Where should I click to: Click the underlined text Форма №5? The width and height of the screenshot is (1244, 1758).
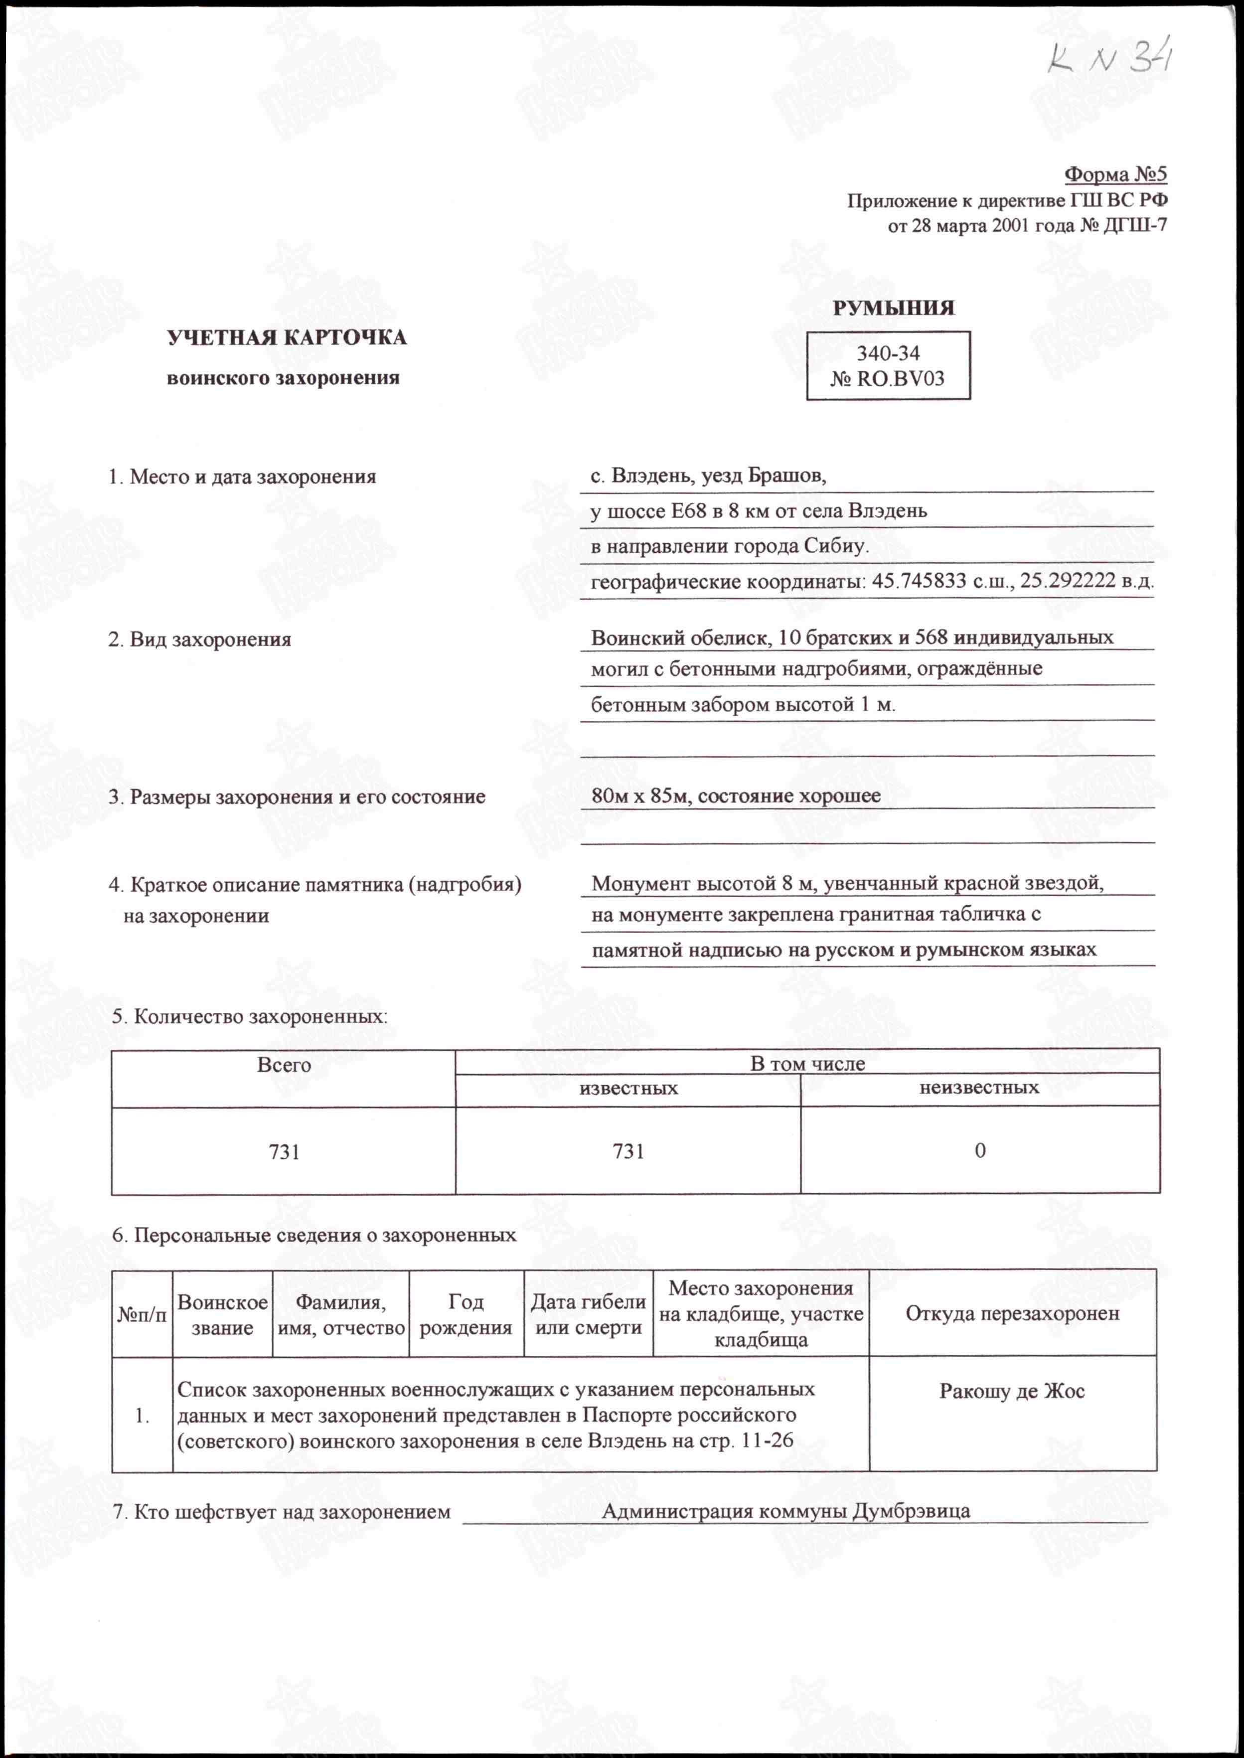[1115, 174]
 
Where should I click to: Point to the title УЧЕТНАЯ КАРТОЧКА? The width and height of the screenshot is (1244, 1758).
[287, 338]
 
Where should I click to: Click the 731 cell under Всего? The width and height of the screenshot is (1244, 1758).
[284, 1151]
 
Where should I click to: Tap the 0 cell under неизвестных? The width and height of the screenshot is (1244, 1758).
[980, 1150]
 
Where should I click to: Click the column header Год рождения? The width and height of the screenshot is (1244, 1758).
[466, 1314]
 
